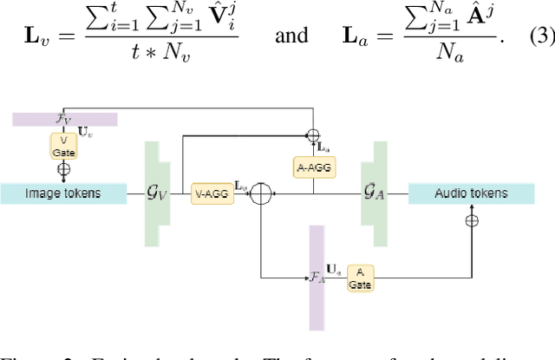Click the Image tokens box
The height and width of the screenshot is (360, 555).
[63, 193]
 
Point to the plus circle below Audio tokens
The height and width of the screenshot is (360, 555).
[472, 221]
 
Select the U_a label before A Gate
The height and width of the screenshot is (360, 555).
[334, 272]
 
